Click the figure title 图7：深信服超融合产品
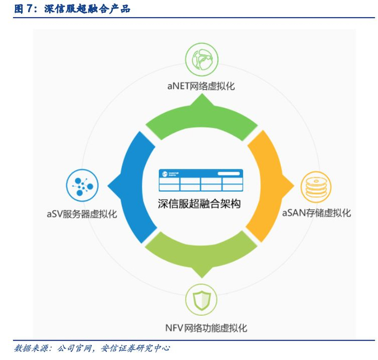pyautogui.click(x=72, y=9)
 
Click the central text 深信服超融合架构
pyautogui.click(x=200, y=203)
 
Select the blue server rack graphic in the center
pyautogui.click(x=200, y=180)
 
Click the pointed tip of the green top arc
pyautogui.click(x=201, y=98)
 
